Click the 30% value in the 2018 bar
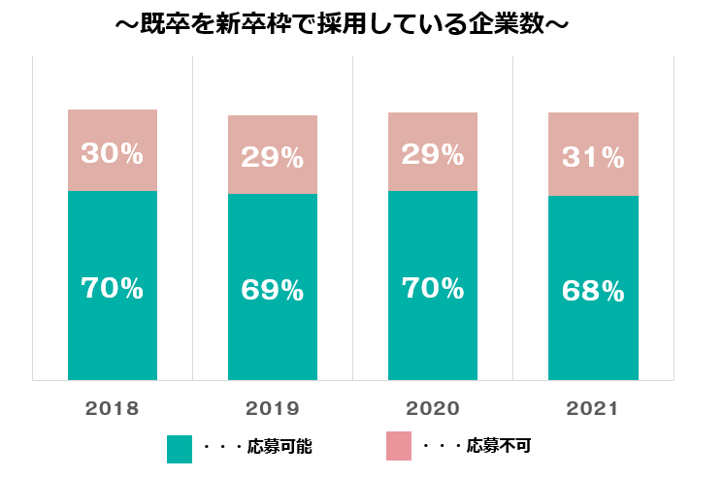coord(112,152)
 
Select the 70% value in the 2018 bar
coord(112,288)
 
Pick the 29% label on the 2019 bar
coord(272,157)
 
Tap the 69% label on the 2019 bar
coord(272,290)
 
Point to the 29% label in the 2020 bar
coord(432,154)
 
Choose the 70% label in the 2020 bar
coord(432,288)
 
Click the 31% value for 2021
coord(592,156)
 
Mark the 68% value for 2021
coord(592,290)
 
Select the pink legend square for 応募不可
coord(399,446)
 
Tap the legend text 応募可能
coord(279,448)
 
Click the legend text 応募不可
coord(498,447)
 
